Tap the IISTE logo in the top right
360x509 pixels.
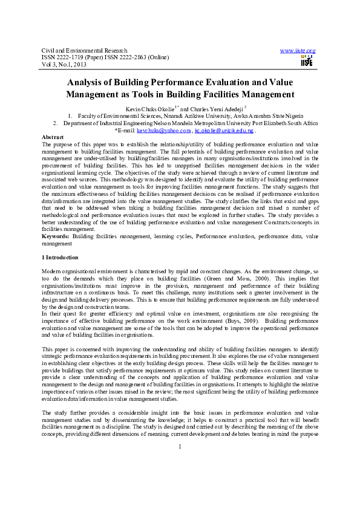click(x=307, y=60)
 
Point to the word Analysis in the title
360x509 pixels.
click(x=89, y=82)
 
